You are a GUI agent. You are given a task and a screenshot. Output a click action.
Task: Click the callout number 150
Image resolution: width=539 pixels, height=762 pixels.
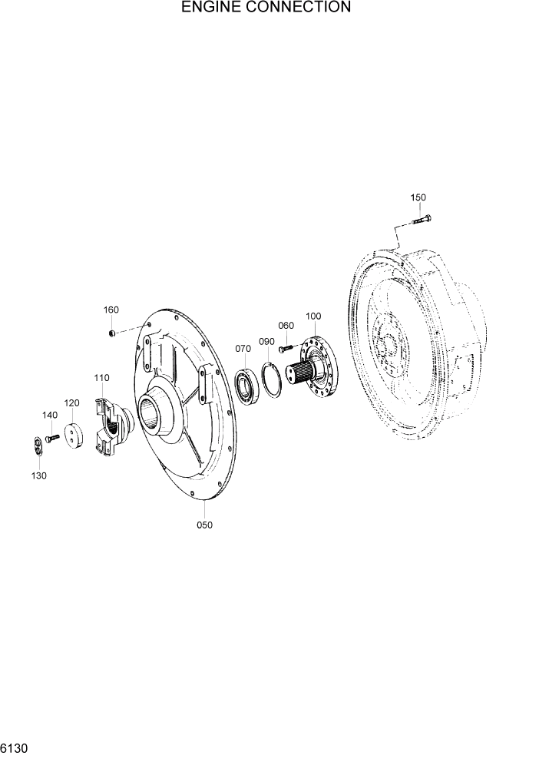coord(418,197)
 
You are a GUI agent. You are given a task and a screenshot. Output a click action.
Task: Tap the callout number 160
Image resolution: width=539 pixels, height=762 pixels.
coord(111,310)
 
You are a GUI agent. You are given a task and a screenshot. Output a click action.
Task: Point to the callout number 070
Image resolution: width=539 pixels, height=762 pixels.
coord(243,349)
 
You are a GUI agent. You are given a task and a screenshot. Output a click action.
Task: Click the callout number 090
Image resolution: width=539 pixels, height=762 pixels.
coord(266,341)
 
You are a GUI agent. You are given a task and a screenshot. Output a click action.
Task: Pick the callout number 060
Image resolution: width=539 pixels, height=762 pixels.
coord(286,326)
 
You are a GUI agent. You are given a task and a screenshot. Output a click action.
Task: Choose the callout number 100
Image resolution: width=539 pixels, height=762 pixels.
coord(313,316)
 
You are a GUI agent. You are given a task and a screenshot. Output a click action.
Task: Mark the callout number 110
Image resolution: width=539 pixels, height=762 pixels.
coord(101,378)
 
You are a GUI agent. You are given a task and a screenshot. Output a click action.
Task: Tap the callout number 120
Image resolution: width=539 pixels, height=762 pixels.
coord(71,403)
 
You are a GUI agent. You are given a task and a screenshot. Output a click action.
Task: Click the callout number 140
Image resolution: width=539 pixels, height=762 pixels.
coord(49,415)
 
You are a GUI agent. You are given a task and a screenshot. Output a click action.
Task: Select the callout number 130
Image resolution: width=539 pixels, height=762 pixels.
coord(38,475)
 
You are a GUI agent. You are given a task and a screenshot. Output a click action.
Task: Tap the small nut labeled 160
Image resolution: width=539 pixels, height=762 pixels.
coord(112,332)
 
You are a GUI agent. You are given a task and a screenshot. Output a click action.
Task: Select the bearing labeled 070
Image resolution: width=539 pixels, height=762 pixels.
coord(247,386)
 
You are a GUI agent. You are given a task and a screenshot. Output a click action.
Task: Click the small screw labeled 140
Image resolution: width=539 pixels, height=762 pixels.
coord(54,439)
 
